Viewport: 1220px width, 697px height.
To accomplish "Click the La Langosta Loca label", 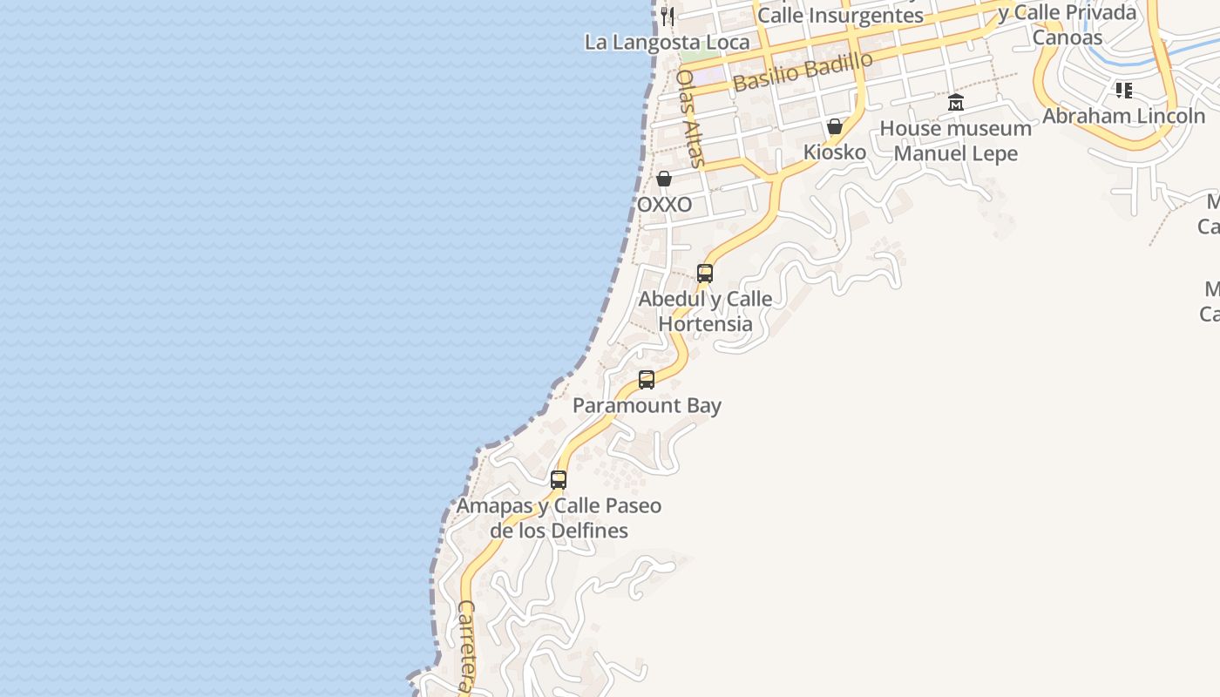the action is pyautogui.click(x=667, y=42).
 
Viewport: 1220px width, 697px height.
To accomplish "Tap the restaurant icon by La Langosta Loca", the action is pyautogui.click(x=667, y=16).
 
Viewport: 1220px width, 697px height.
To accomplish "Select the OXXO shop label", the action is pyautogui.click(x=665, y=205).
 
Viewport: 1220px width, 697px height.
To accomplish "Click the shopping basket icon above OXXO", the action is pyautogui.click(x=664, y=179).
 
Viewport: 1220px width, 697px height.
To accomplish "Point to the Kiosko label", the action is pyautogui.click(x=835, y=152).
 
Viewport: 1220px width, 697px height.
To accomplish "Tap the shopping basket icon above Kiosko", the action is pyautogui.click(x=835, y=126).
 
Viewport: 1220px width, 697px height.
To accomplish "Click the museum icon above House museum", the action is pyautogui.click(x=956, y=103).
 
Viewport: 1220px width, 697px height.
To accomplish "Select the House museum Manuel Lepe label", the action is pyautogui.click(x=956, y=141).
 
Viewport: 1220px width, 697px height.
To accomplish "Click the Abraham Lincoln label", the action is pyautogui.click(x=1124, y=116).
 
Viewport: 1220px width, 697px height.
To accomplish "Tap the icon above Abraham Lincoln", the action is pyautogui.click(x=1124, y=90).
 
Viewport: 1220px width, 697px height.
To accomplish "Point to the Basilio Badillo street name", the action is pyautogui.click(x=803, y=71).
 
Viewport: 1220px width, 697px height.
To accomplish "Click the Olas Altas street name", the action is pyautogui.click(x=689, y=118).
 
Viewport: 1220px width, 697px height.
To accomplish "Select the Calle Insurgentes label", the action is pyautogui.click(x=840, y=16).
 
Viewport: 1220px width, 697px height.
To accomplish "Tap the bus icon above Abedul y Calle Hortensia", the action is pyautogui.click(x=705, y=273).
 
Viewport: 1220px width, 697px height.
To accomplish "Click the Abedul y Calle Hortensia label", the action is pyautogui.click(x=705, y=311).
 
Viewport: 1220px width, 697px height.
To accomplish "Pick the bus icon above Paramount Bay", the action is pyautogui.click(x=647, y=380).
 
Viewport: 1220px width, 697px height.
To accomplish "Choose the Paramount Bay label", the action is pyautogui.click(x=647, y=406).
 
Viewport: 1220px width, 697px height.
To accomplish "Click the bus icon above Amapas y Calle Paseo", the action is pyautogui.click(x=559, y=479).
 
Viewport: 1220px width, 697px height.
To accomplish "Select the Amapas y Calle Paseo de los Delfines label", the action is pyautogui.click(x=559, y=518).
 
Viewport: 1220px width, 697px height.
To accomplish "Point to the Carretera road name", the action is pyautogui.click(x=467, y=645).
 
